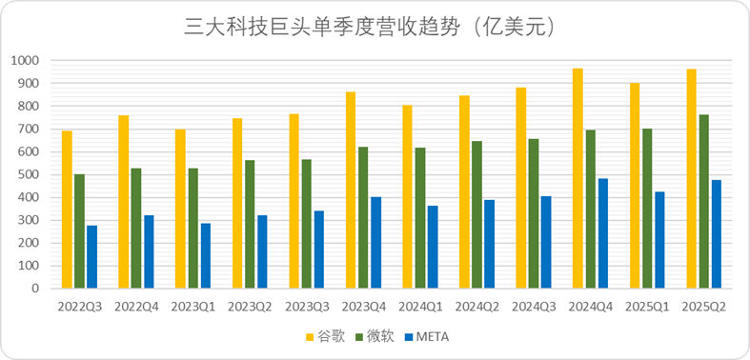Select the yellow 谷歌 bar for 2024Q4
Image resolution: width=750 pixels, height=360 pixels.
point(578,178)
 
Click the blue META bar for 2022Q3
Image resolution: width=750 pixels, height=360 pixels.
point(91,256)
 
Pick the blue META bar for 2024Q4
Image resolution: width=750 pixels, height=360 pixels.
point(602,232)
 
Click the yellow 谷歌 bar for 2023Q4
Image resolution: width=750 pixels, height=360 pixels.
point(351,190)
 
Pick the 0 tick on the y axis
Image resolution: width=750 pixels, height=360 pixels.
point(37,288)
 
